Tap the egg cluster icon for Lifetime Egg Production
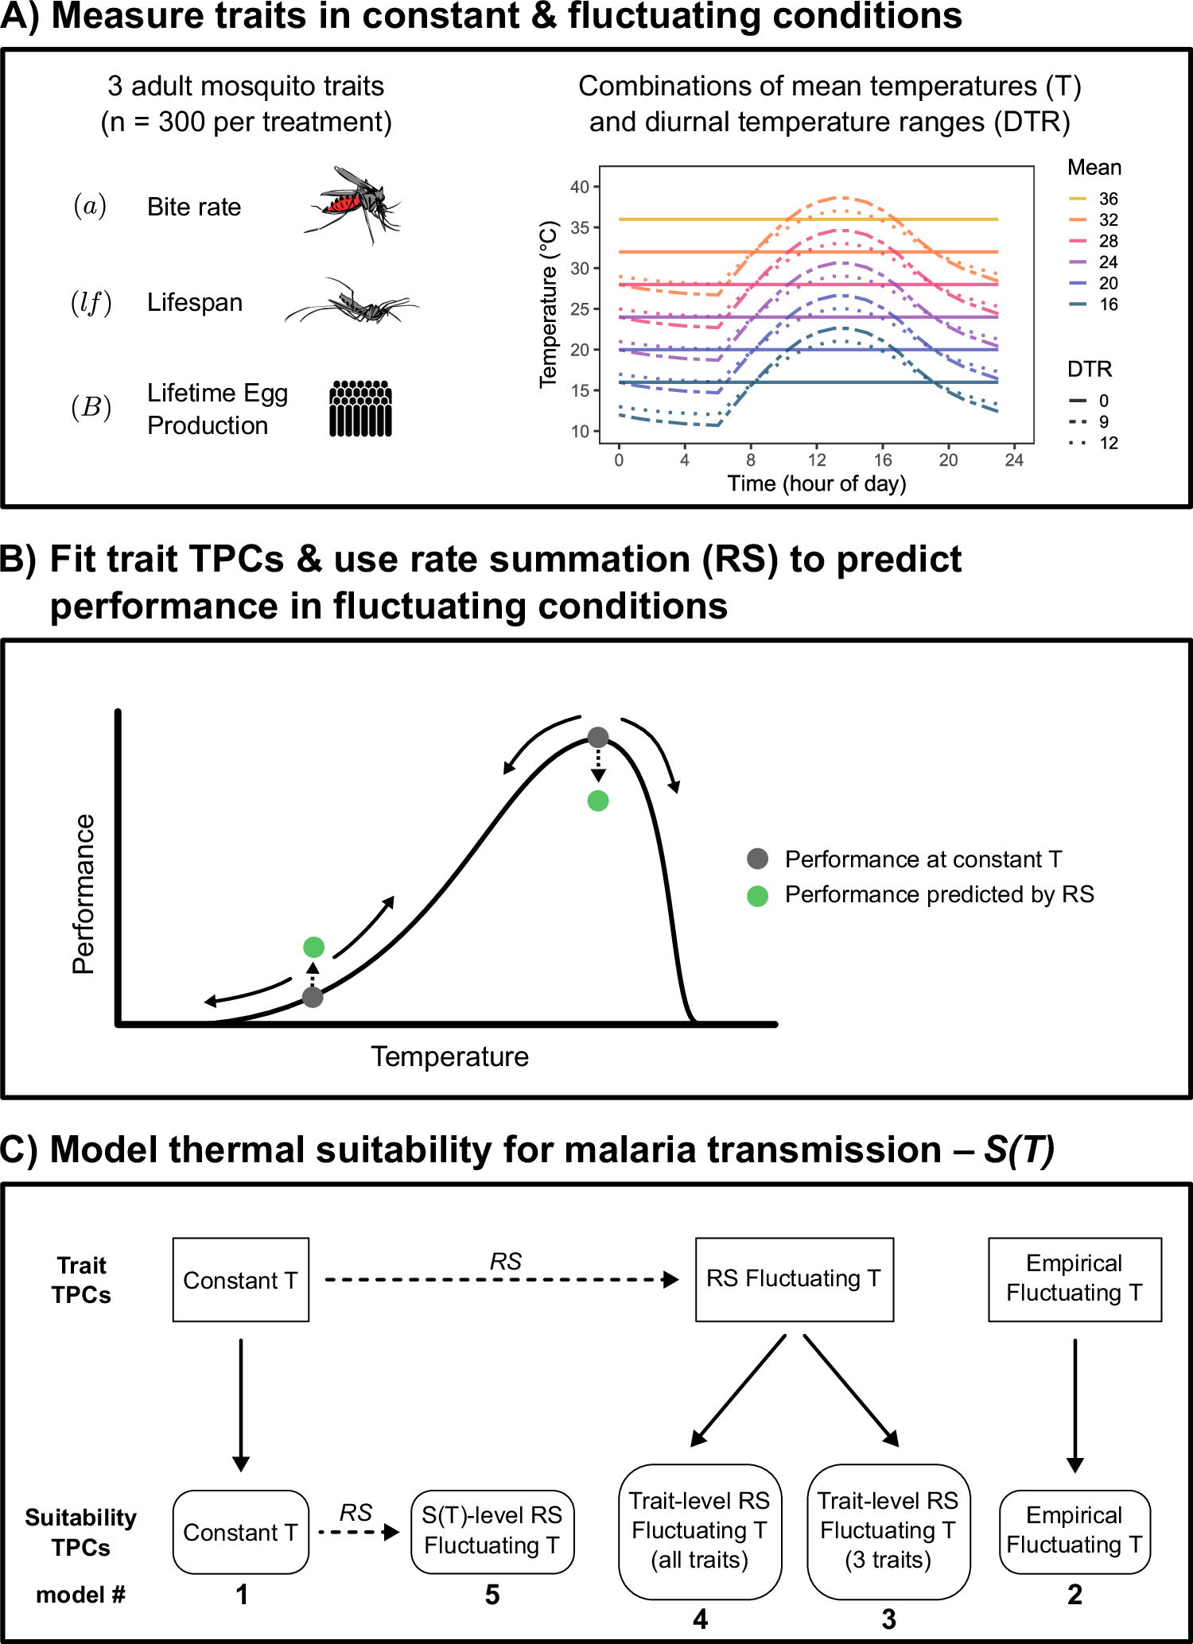click(x=360, y=409)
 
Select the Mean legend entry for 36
click(x=1094, y=199)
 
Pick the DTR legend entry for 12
click(x=1094, y=443)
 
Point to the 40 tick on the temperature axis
click(x=580, y=187)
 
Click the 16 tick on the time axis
click(x=882, y=459)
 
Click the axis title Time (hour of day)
click(x=817, y=483)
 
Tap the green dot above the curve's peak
click(x=597, y=801)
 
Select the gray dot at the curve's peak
click(x=597, y=737)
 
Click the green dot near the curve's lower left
click(x=313, y=947)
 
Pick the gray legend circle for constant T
click(x=757, y=859)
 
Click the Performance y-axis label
click(x=84, y=894)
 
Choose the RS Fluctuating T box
click(x=794, y=1279)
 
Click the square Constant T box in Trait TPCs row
click(x=240, y=1280)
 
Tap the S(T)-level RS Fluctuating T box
click(x=492, y=1531)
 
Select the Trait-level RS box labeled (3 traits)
click(x=888, y=1531)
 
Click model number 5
click(x=492, y=1595)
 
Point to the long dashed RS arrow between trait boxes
click(x=501, y=1280)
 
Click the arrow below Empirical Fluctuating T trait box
click(x=1074, y=1403)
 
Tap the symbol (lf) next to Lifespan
click(x=91, y=303)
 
